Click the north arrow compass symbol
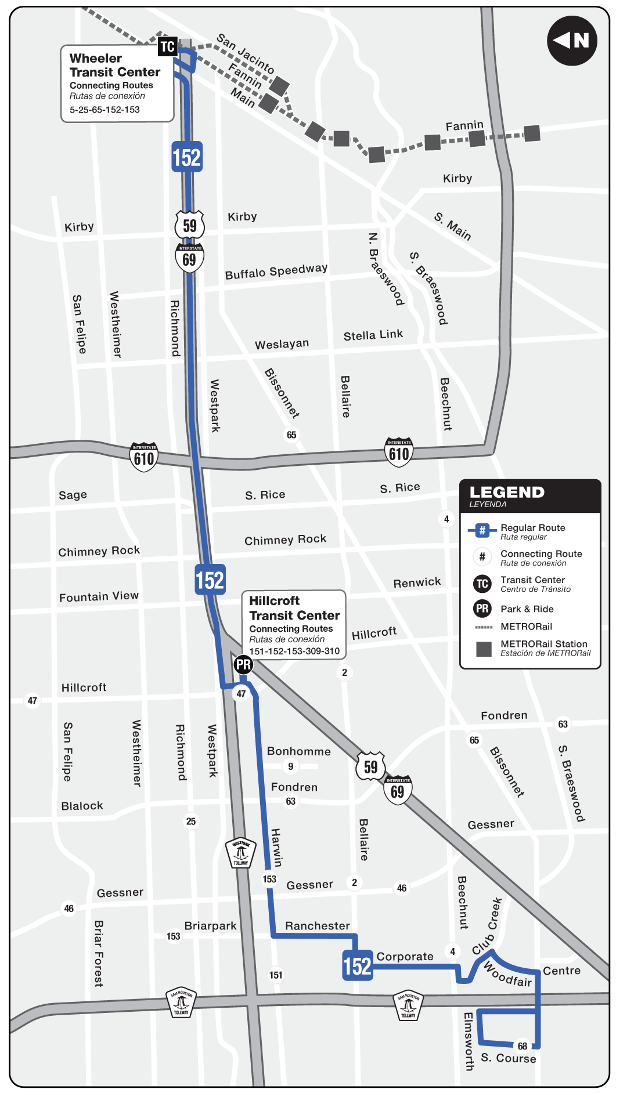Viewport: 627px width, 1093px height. click(x=572, y=41)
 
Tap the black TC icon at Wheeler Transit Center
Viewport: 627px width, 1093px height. click(x=167, y=46)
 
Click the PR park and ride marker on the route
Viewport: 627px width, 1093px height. click(x=243, y=665)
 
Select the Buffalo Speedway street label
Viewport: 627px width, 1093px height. click(x=276, y=271)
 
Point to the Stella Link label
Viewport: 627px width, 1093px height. click(x=373, y=335)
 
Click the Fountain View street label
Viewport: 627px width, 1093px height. click(x=99, y=596)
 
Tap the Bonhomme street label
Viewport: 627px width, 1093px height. click(x=298, y=751)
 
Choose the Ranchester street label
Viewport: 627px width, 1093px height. click(x=318, y=926)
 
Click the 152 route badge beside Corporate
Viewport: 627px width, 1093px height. click(x=357, y=966)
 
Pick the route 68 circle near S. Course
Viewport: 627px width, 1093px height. click(x=522, y=1046)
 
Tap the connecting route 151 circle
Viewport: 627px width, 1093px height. click(x=276, y=975)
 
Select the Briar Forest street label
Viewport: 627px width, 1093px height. click(x=99, y=953)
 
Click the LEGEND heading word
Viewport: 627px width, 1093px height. click(x=507, y=493)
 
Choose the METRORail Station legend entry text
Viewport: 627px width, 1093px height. click(x=544, y=644)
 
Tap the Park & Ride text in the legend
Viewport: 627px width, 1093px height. click(x=527, y=609)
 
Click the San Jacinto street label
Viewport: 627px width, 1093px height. click(x=245, y=53)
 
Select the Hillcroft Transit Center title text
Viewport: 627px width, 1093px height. click(x=294, y=608)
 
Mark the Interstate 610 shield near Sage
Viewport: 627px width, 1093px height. click(x=144, y=458)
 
